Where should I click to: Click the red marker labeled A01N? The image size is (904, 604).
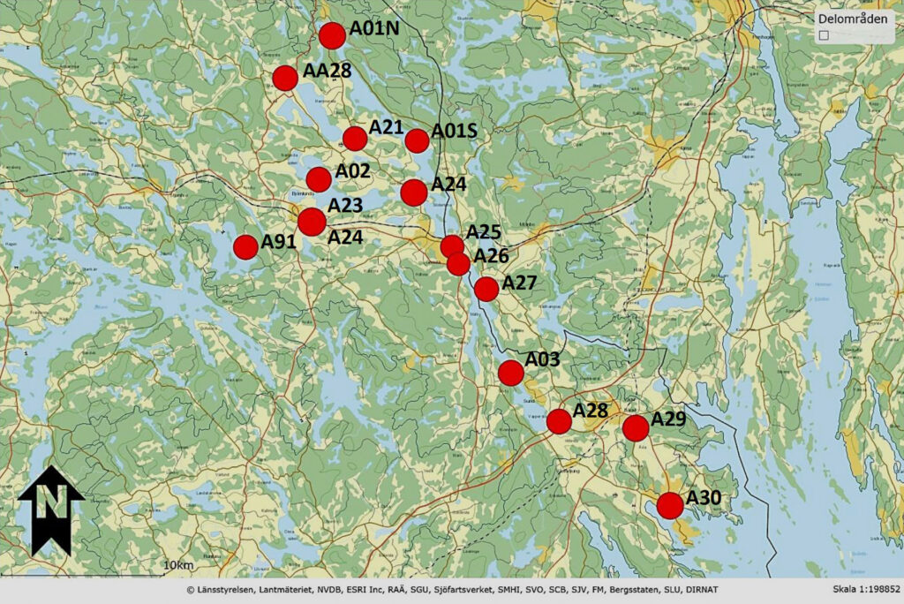click(x=332, y=35)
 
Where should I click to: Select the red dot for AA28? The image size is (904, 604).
click(x=285, y=78)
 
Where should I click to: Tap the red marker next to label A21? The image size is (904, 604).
click(x=355, y=139)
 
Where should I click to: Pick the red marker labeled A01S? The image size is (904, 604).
click(x=418, y=140)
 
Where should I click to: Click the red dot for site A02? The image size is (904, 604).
click(x=319, y=179)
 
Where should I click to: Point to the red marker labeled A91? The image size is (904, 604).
click(x=246, y=247)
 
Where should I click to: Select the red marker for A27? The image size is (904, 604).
click(x=486, y=289)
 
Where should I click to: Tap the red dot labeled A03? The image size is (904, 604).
click(x=511, y=373)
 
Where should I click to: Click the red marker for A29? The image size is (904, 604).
click(x=636, y=428)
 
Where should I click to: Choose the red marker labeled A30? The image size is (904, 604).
click(x=670, y=506)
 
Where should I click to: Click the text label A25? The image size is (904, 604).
click(x=484, y=232)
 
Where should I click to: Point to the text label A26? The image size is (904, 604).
click(x=491, y=256)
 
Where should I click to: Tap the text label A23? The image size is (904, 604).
click(x=345, y=205)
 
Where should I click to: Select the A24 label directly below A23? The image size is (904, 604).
click(x=345, y=237)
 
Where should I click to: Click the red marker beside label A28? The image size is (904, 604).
click(x=559, y=422)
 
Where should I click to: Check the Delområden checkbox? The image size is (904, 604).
click(x=824, y=34)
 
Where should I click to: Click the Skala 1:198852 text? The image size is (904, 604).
click(x=865, y=589)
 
